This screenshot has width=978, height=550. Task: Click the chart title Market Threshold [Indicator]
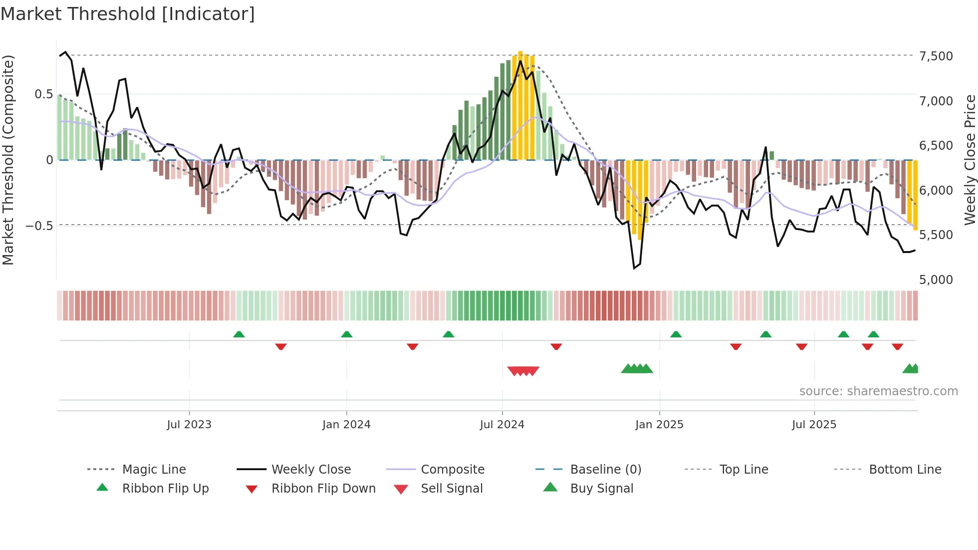pos(128,14)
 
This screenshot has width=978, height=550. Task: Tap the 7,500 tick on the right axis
pos(936,56)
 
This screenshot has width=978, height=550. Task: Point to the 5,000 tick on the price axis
pos(936,279)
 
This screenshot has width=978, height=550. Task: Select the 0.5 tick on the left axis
pos(43,94)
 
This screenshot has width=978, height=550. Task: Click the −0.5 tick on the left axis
pos(39,226)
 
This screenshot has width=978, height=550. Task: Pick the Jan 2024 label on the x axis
pos(346,424)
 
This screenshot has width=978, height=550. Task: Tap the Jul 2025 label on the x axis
pos(814,424)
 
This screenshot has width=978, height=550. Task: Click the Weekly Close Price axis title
pos(969,160)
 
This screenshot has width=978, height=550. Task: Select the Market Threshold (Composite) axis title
pos(8,160)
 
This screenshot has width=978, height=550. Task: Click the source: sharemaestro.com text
pos(878,391)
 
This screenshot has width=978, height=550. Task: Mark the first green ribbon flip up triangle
pos(239,334)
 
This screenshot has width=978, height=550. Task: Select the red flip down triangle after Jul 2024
pos(556,346)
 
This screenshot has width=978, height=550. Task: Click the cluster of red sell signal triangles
pos(523,371)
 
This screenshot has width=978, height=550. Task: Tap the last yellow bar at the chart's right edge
pos(916,195)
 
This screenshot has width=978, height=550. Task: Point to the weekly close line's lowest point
pos(634,268)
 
